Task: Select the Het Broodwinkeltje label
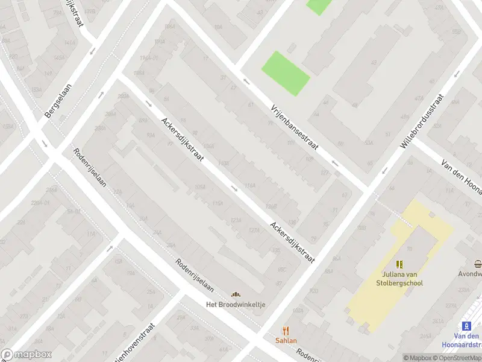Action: click(236, 305)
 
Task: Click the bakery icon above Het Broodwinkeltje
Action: click(236, 294)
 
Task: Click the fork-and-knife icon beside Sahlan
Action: click(286, 331)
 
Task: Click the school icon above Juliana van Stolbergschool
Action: click(399, 264)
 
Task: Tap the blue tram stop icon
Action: click(474, 325)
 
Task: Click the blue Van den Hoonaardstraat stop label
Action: click(467, 340)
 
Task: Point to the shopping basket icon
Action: click(478, 264)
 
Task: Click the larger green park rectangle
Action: click(285, 73)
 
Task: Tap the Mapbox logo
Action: click(26, 355)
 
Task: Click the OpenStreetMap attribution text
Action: click(456, 358)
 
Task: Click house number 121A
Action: click(236, 221)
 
